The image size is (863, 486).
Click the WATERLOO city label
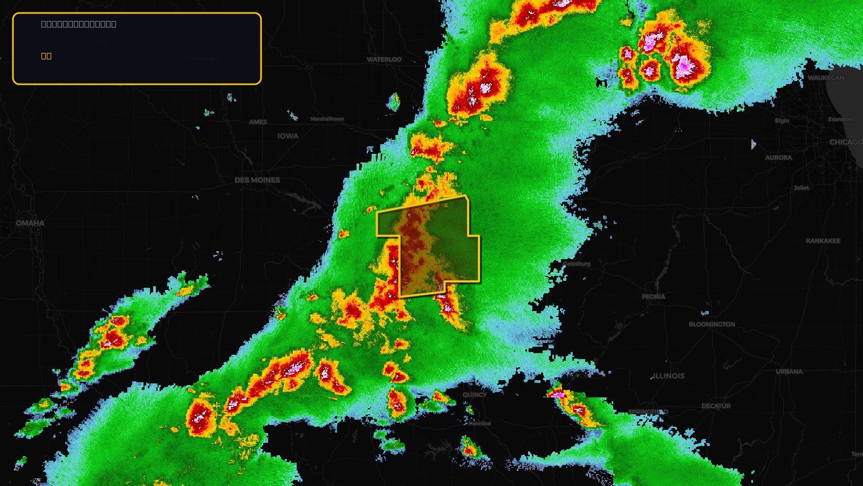tap(384, 59)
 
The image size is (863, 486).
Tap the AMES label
tap(258, 122)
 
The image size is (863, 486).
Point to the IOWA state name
tap(288, 136)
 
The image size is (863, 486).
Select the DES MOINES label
tap(257, 180)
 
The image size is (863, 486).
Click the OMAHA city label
tap(30, 223)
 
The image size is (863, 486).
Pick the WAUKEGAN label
tap(826, 78)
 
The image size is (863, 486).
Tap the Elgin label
tap(782, 121)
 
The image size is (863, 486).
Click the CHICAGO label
tap(845, 142)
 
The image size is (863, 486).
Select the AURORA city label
tap(778, 158)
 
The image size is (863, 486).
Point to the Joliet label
tap(801, 188)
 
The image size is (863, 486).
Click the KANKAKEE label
tap(823, 241)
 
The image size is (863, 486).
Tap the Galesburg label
tap(577, 264)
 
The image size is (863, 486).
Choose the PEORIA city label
tap(653, 296)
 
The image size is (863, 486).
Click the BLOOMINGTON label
tap(711, 325)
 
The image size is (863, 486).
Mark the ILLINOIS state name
tap(668, 376)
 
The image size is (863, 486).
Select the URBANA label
tap(789, 372)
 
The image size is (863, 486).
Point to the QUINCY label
tap(475, 395)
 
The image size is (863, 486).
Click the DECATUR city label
tap(716, 406)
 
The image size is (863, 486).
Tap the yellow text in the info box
tap(46, 56)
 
